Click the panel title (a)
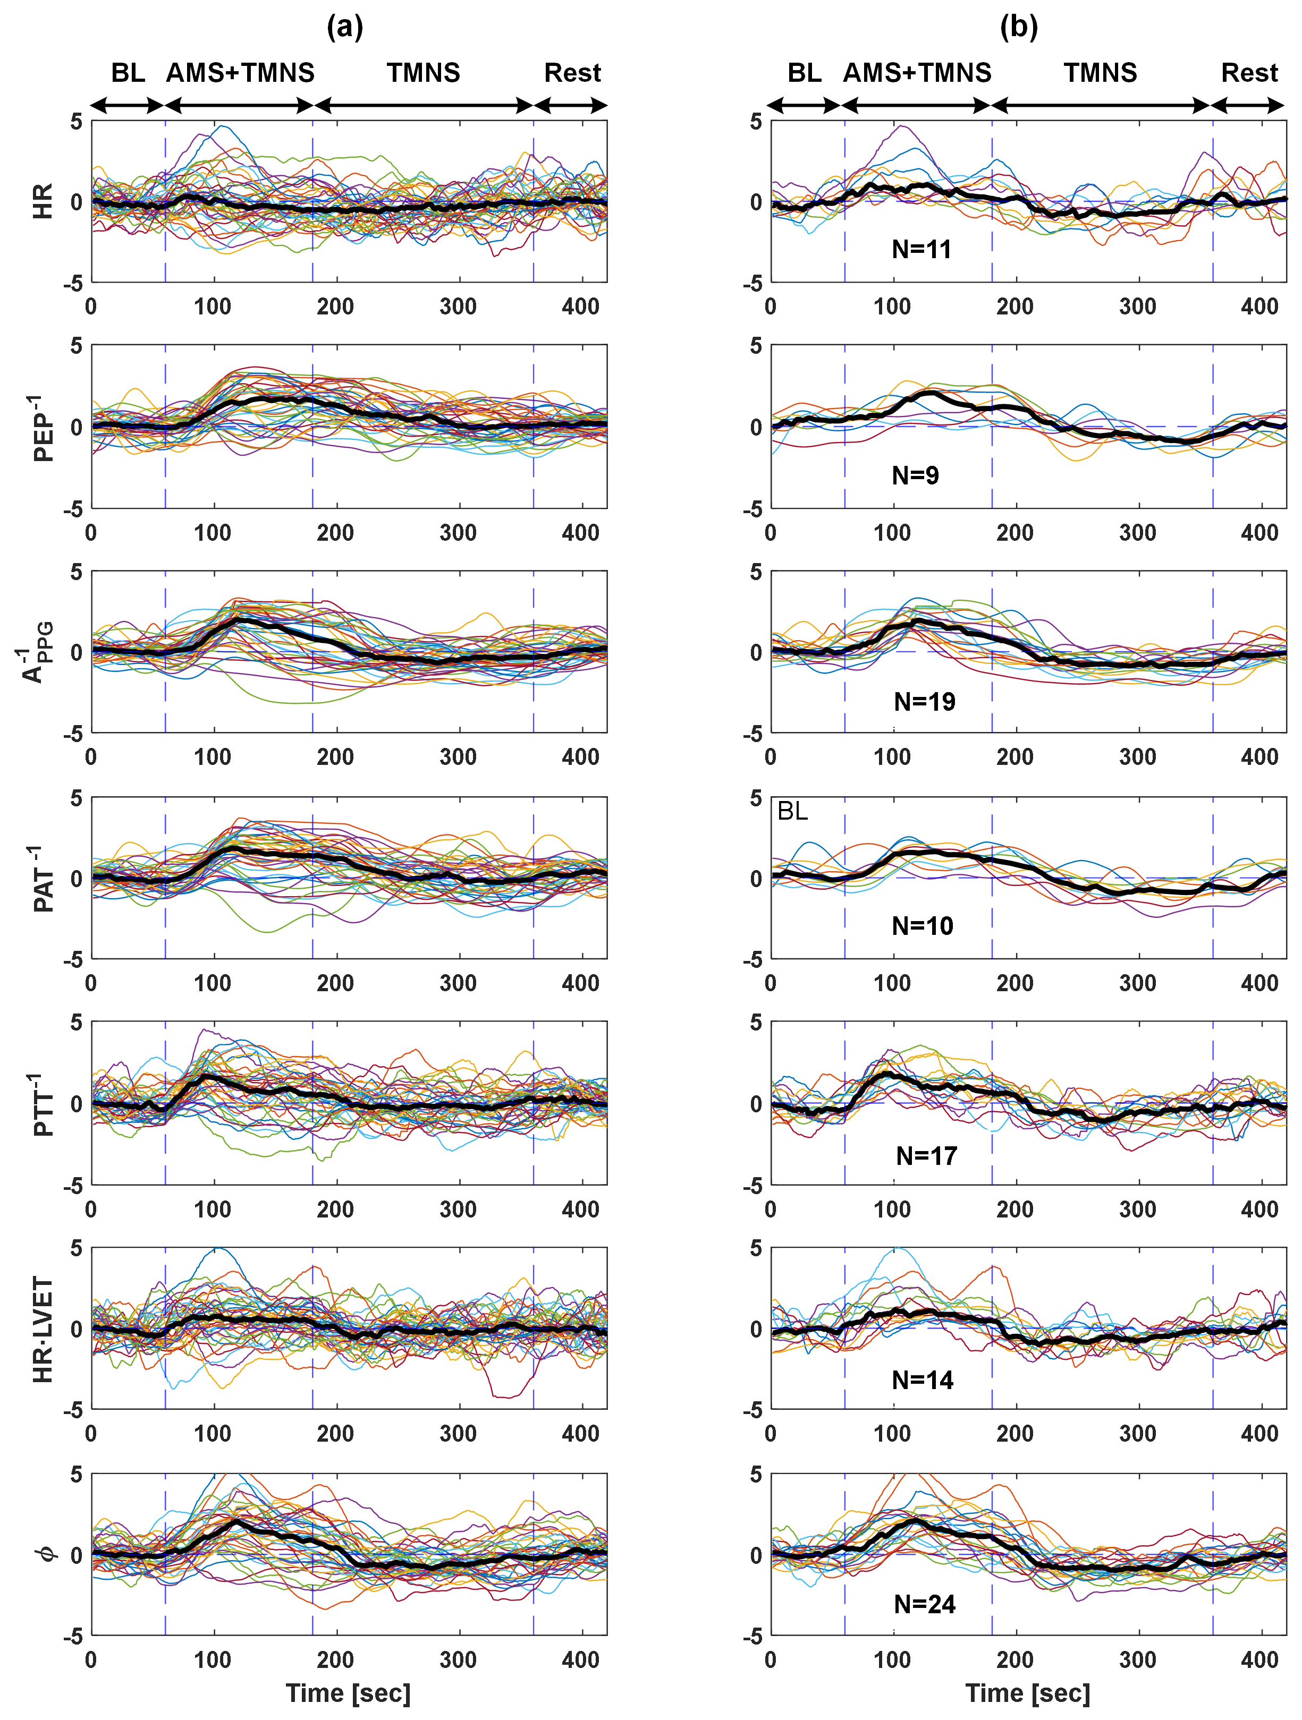pyautogui.click(x=344, y=28)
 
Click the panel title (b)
pyautogui.click(x=1018, y=28)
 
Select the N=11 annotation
pyautogui.click(x=921, y=250)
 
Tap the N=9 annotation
pyautogui.click(x=916, y=475)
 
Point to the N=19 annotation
pyautogui.click(x=925, y=701)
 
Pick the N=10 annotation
pyautogui.click(x=923, y=926)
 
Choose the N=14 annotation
pyautogui.click(x=923, y=1380)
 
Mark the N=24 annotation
pyautogui.click(x=925, y=1604)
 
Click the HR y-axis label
pyautogui.click(x=43, y=201)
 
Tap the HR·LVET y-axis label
pyautogui.click(x=43, y=1330)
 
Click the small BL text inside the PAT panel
pyautogui.click(x=792, y=812)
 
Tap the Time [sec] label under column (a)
pyautogui.click(x=348, y=1693)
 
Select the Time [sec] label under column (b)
pyautogui.click(x=1027, y=1693)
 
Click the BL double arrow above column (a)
pyautogui.click(x=128, y=106)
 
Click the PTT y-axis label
pyautogui.click(x=43, y=1104)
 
